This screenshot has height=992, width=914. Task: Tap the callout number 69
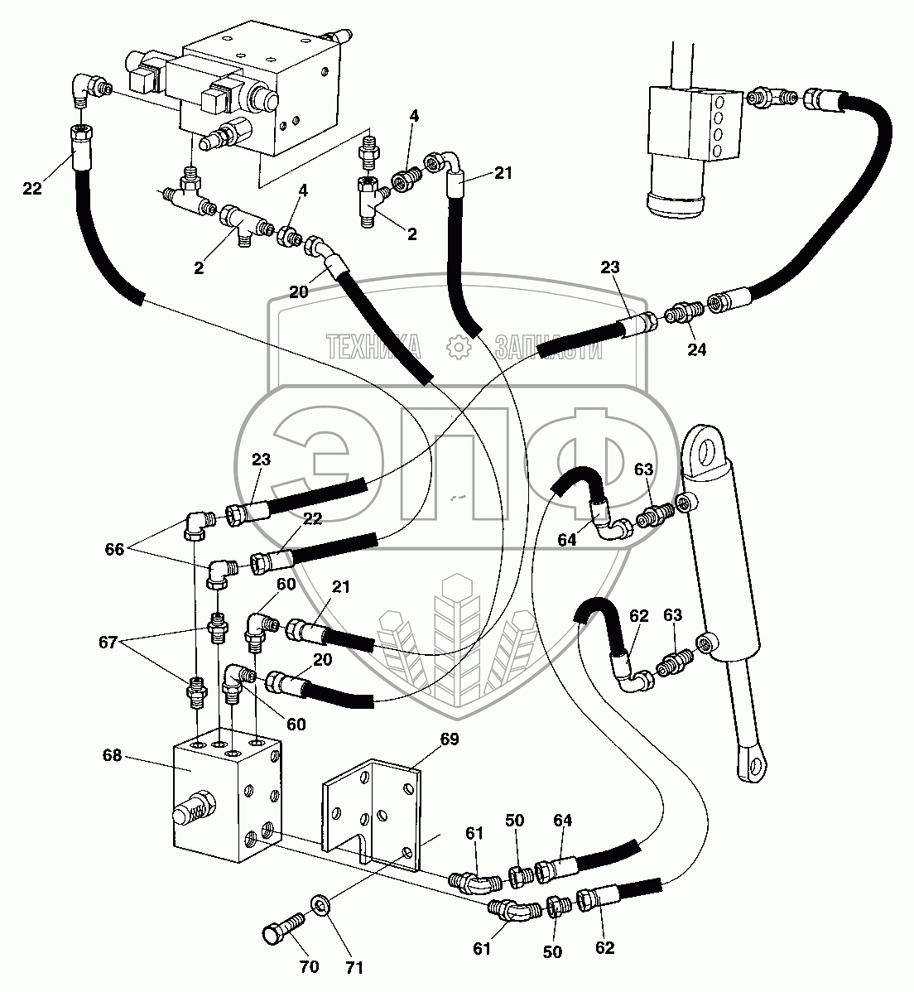click(450, 739)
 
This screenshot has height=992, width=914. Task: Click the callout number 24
click(697, 349)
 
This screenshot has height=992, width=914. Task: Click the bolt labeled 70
click(282, 934)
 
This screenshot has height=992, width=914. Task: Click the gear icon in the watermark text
click(457, 348)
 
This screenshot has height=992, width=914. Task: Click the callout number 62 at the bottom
click(604, 947)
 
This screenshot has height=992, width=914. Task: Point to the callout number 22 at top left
click(31, 189)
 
